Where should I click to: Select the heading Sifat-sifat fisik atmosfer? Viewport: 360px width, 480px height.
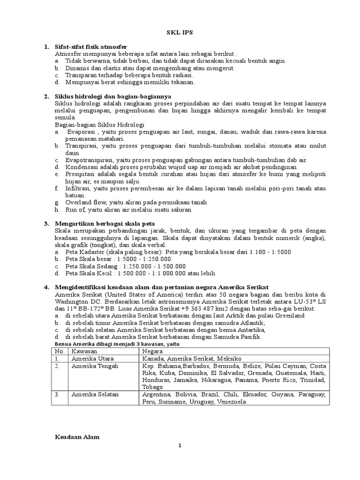click(x=90, y=47)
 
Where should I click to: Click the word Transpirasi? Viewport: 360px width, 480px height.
click(x=81, y=146)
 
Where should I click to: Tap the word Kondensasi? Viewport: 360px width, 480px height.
click(x=82, y=166)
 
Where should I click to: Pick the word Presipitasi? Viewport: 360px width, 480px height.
click(x=82, y=173)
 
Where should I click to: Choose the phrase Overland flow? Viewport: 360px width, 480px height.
click(x=83, y=202)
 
